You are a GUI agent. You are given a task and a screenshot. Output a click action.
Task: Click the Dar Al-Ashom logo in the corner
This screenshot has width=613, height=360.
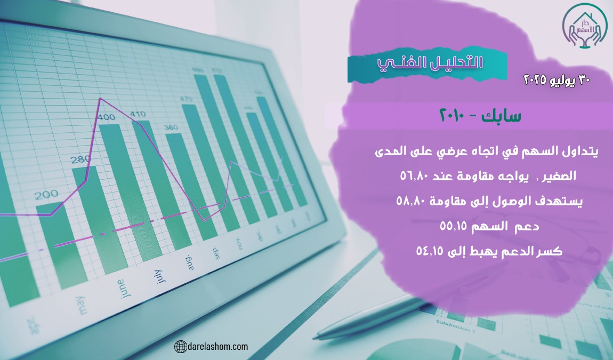click(x=584, y=27)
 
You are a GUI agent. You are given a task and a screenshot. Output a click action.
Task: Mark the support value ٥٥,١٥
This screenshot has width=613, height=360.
click(x=454, y=226)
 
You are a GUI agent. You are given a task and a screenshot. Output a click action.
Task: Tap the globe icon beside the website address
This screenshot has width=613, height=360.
click(x=180, y=347)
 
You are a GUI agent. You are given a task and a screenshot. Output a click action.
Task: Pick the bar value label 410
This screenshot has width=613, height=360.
click(x=138, y=114)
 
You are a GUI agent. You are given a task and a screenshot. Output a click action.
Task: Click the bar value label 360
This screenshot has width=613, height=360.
click(x=171, y=127)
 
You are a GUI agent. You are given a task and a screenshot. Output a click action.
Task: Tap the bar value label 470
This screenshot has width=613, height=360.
click(x=186, y=99)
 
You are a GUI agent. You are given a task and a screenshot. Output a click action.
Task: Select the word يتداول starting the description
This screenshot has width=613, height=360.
click(x=583, y=151)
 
